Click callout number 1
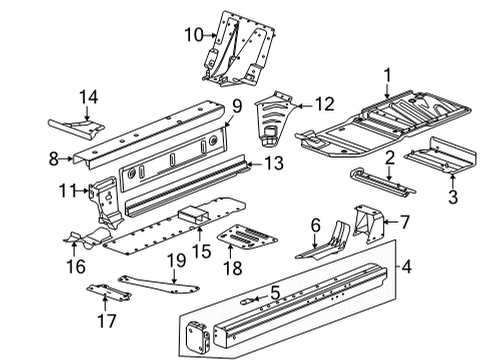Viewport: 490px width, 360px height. pos(387,73)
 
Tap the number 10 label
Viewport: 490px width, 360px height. pos(192,36)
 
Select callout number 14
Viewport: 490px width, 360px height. pos(89,97)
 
